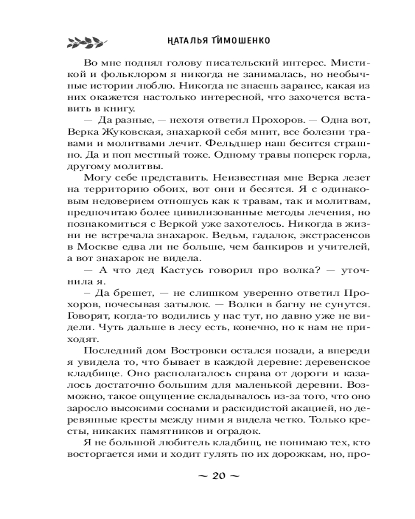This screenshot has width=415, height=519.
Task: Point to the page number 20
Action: (218, 476)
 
